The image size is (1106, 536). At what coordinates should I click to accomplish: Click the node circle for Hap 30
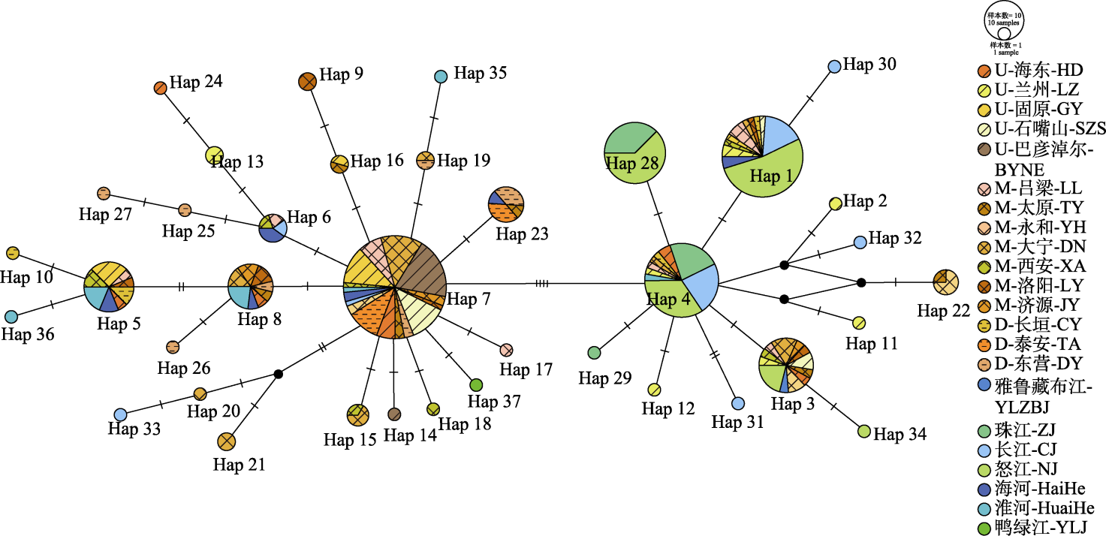click(x=834, y=66)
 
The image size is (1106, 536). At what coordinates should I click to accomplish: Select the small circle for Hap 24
click(x=160, y=88)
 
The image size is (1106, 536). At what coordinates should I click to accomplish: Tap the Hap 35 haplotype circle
click(x=441, y=76)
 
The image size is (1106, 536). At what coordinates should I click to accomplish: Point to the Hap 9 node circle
click(x=307, y=80)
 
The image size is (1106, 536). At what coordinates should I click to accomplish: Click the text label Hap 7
click(x=469, y=299)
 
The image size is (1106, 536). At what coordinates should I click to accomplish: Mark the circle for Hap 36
click(x=11, y=317)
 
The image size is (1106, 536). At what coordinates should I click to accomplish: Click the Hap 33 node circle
click(x=120, y=414)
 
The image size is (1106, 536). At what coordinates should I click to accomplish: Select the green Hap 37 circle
click(x=476, y=385)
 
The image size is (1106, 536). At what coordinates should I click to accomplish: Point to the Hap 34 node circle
click(x=864, y=431)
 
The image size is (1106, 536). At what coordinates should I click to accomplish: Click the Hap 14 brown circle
click(x=394, y=414)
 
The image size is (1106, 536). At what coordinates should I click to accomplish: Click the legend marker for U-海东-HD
click(x=984, y=71)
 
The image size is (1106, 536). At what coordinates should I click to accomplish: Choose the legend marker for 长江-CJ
click(x=984, y=450)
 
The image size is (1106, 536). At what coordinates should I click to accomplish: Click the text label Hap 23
click(x=522, y=234)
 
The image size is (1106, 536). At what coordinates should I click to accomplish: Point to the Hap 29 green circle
click(x=594, y=352)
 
